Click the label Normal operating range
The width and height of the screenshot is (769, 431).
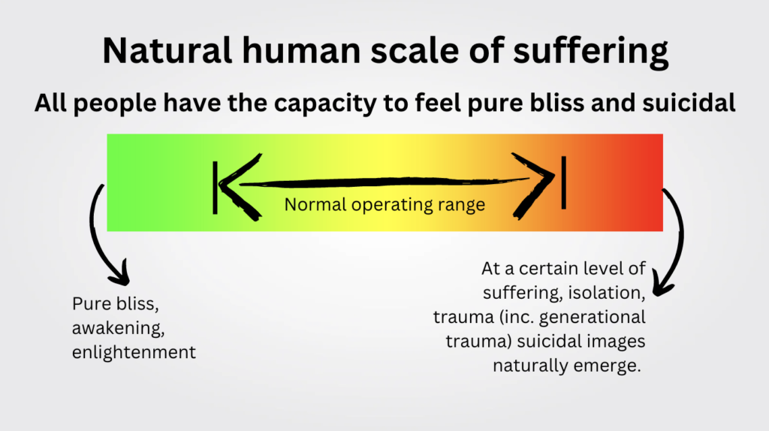(384, 204)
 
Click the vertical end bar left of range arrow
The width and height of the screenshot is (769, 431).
(216, 186)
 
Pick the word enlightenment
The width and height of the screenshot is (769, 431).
(134, 351)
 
